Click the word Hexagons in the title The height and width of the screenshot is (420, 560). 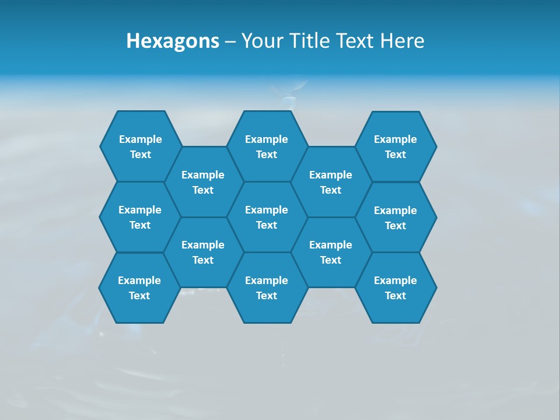(x=173, y=41)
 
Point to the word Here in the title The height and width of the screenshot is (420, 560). (x=402, y=41)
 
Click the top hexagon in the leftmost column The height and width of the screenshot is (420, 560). (x=140, y=146)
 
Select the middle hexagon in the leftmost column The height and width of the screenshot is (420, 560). (x=140, y=217)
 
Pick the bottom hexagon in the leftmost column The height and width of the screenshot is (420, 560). (x=139, y=288)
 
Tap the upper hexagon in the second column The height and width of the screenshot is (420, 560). (x=203, y=182)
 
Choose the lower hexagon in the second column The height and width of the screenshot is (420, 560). (x=203, y=252)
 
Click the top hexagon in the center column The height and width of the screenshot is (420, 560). (x=267, y=146)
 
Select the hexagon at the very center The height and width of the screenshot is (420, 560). (x=267, y=217)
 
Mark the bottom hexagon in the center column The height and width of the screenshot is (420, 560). (x=267, y=288)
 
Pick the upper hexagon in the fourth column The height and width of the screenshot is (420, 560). (x=331, y=182)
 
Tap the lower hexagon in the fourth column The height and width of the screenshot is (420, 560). (x=331, y=252)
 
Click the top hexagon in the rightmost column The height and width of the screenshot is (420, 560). (x=395, y=146)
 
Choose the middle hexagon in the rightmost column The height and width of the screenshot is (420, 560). (x=395, y=218)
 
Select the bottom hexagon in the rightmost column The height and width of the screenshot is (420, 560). (x=395, y=288)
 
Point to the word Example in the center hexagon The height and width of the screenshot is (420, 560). (x=267, y=210)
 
